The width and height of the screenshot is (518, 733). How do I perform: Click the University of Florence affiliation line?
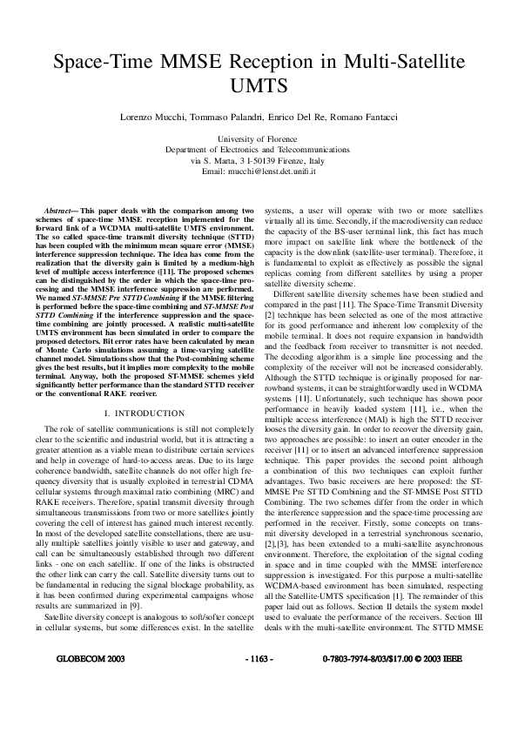258,139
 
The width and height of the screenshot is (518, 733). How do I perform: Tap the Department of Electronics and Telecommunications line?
258,150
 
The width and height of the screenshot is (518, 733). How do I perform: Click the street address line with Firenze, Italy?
258,161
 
